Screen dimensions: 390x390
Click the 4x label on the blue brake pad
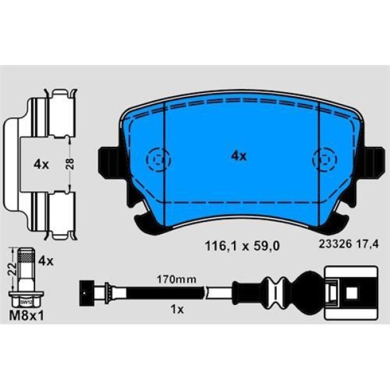click(239, 156)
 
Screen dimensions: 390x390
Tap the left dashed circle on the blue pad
click(157, 158)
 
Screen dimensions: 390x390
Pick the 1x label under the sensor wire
click(174, 310)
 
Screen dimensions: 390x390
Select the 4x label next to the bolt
click(45, 261)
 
